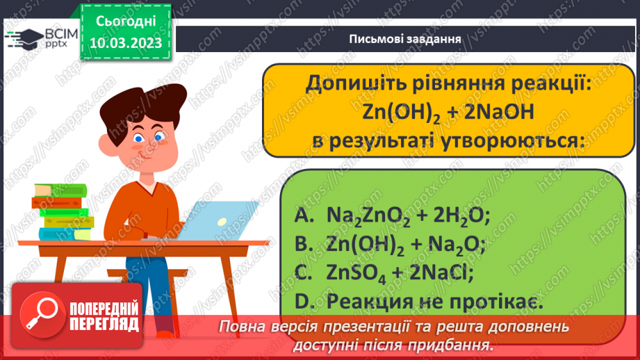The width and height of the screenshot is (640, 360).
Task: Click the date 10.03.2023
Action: coord(125,43)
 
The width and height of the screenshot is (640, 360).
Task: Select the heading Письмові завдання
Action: coord(407,38)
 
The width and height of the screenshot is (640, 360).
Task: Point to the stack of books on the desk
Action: coord(61,211)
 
